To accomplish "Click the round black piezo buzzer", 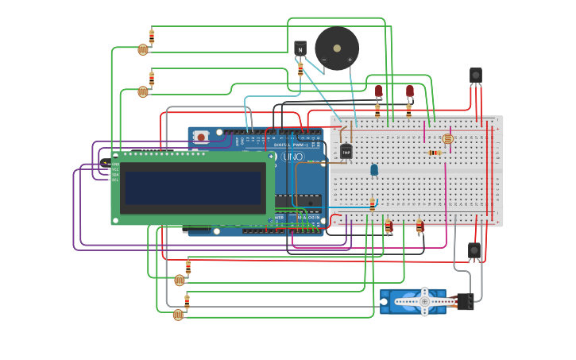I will click(336, 48).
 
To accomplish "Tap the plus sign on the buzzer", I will click(350, 60).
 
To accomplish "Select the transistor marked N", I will click(300, 48).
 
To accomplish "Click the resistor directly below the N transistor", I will click(300, 70).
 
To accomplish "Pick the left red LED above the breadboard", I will click(379, 91).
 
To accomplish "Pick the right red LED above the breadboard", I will click(410, 91).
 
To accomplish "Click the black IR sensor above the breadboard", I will click(475, 75).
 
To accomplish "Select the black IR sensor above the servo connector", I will click(474, 250).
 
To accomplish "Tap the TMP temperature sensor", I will click(346, 151).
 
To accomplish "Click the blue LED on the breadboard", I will click(374, 169).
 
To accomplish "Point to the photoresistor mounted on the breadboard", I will click(447, 139).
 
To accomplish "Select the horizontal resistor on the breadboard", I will click(434, 153).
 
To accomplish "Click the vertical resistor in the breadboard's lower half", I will click(372, 205).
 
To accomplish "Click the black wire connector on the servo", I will click(465, 301).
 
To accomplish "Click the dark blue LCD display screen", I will click(193, 188).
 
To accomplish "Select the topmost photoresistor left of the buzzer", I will click(143, 49).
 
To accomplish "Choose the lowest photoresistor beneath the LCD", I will click(178, 315).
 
